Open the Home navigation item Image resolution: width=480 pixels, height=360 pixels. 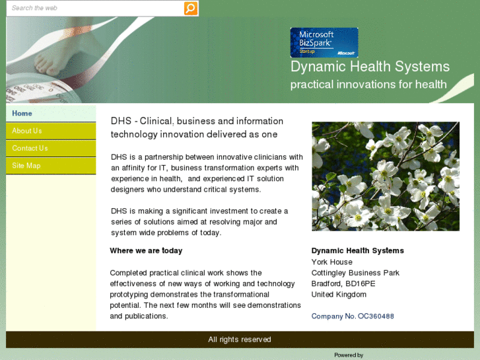pyautogui.click(x=22, y=114)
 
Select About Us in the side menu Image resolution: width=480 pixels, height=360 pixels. pyautogui.click(x=26, y=131)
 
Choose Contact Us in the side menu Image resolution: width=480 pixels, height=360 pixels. pyautogui.click(x=30, y=148)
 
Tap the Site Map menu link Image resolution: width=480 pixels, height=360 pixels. pyautogui.click(x=26, y=166)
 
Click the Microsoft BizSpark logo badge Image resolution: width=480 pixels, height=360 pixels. pyautogui.click(x=324, y=42)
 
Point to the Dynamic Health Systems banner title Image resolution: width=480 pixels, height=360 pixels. pyautogui.click(x=370, y=67)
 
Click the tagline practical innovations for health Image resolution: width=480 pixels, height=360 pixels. pyautogui.click(x=368, y=85)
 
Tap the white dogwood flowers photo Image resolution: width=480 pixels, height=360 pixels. pyautogui.click(x=385, y=176)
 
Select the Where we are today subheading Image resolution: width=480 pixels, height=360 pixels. pyautogui.click(x=146, y=251)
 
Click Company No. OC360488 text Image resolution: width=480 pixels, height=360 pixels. pyautogui.click(x=353, y=316)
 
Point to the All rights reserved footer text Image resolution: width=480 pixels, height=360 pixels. pyautogui.click(x=240, y=340)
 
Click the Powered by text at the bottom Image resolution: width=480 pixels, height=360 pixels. pyautogui.click(x=349, y=355)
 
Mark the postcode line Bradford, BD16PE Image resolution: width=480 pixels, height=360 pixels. pyautogui.click(x=343, y=284)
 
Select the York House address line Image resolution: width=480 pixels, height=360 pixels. pyautogui.click(x=331, y=262)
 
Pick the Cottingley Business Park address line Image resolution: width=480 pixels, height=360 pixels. pyautogui.click(x=355, y=273)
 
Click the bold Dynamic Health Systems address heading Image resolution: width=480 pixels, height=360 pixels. pyautogui.click(x=357, y=251)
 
